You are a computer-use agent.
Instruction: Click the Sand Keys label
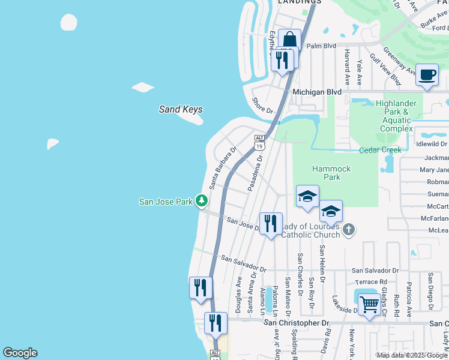[180, 109]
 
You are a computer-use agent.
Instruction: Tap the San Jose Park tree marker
[203, 201]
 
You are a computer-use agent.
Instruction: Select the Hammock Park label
[331, 173]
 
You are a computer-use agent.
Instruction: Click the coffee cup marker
[427, 75]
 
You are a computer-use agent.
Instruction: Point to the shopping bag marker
[289, 40]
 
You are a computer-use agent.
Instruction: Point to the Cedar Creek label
[379, 150]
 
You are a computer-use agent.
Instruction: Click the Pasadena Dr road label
[255, 173]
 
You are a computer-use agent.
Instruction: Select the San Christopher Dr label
[297, 323]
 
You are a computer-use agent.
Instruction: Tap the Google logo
[20, 353]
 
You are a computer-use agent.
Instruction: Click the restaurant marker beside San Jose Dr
[270, 224]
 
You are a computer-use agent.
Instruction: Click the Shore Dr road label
[262, 106]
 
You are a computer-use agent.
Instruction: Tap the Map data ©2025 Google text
[412, 355]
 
